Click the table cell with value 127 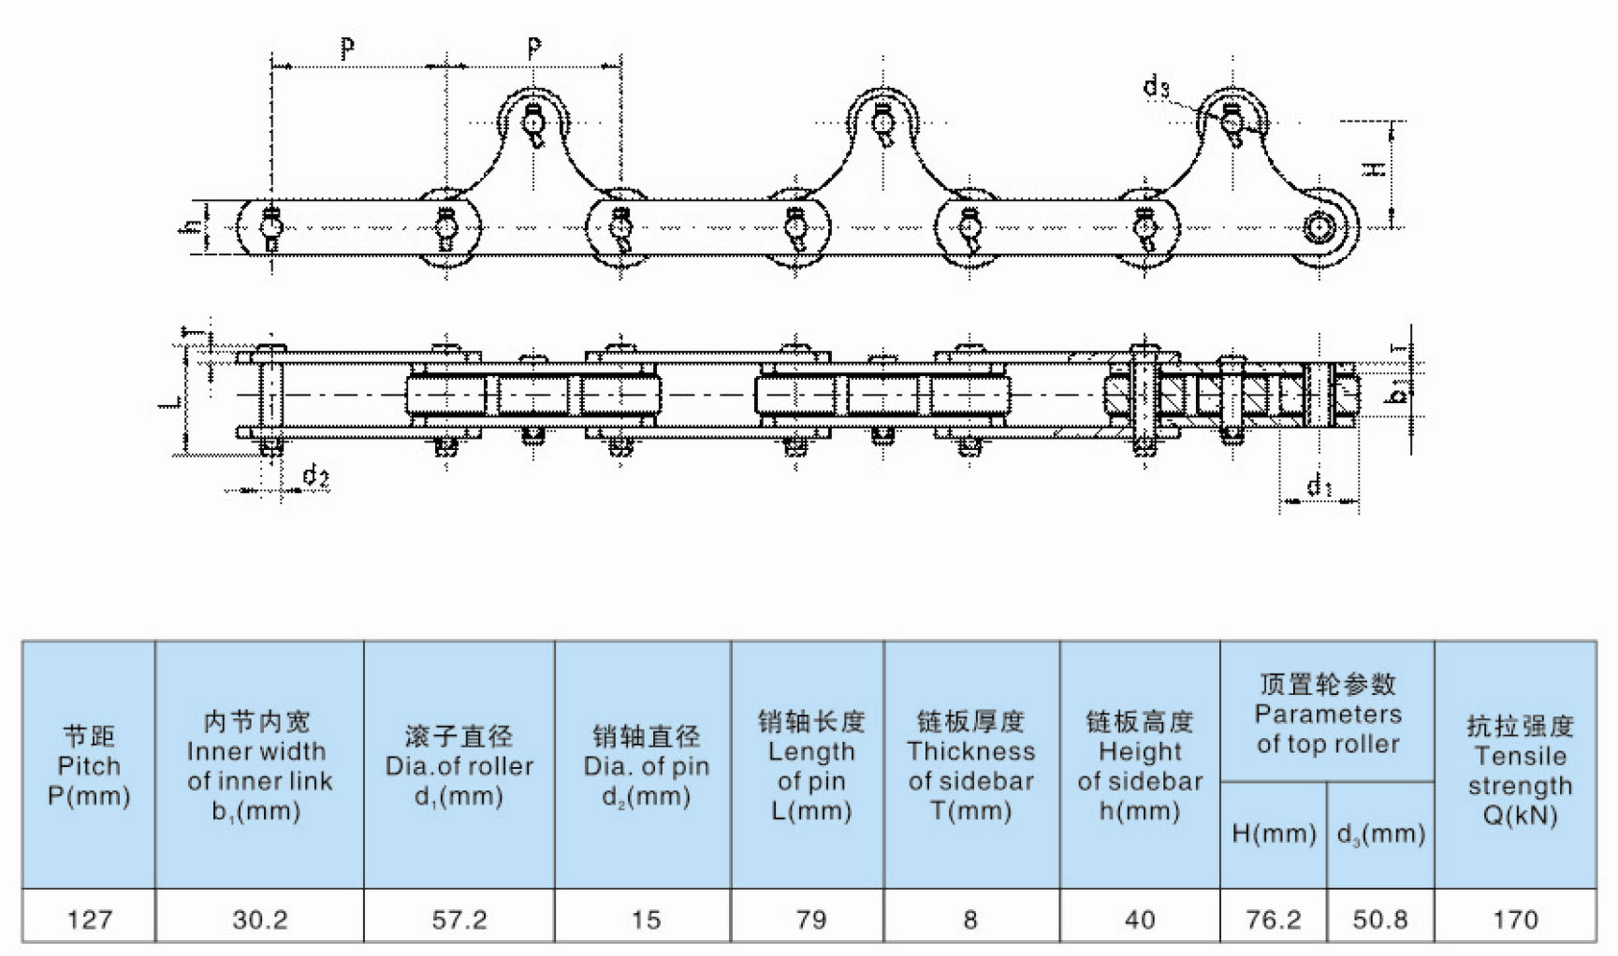click(89, 920)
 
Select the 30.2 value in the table click(259, 920)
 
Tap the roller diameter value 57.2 click(459, 920)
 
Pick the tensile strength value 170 click(1515, 920)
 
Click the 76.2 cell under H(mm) click(1273, 920)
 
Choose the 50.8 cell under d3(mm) click(1379, 920)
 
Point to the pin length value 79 click(810, 920)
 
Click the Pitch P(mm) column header click(89, 765)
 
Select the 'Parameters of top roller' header click(1327, 714)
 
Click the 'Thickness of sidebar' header click(970, 765)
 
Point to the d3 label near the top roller click(1156, 87)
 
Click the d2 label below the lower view click(315, 477)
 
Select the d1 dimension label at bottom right click(1319, 485)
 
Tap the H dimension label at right click(1373, 169)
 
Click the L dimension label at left click(170, 401)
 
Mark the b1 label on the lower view click(1395, 394)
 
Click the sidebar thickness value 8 click(970, 920)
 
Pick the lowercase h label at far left click(191, 226)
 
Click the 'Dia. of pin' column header click(646, 765)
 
